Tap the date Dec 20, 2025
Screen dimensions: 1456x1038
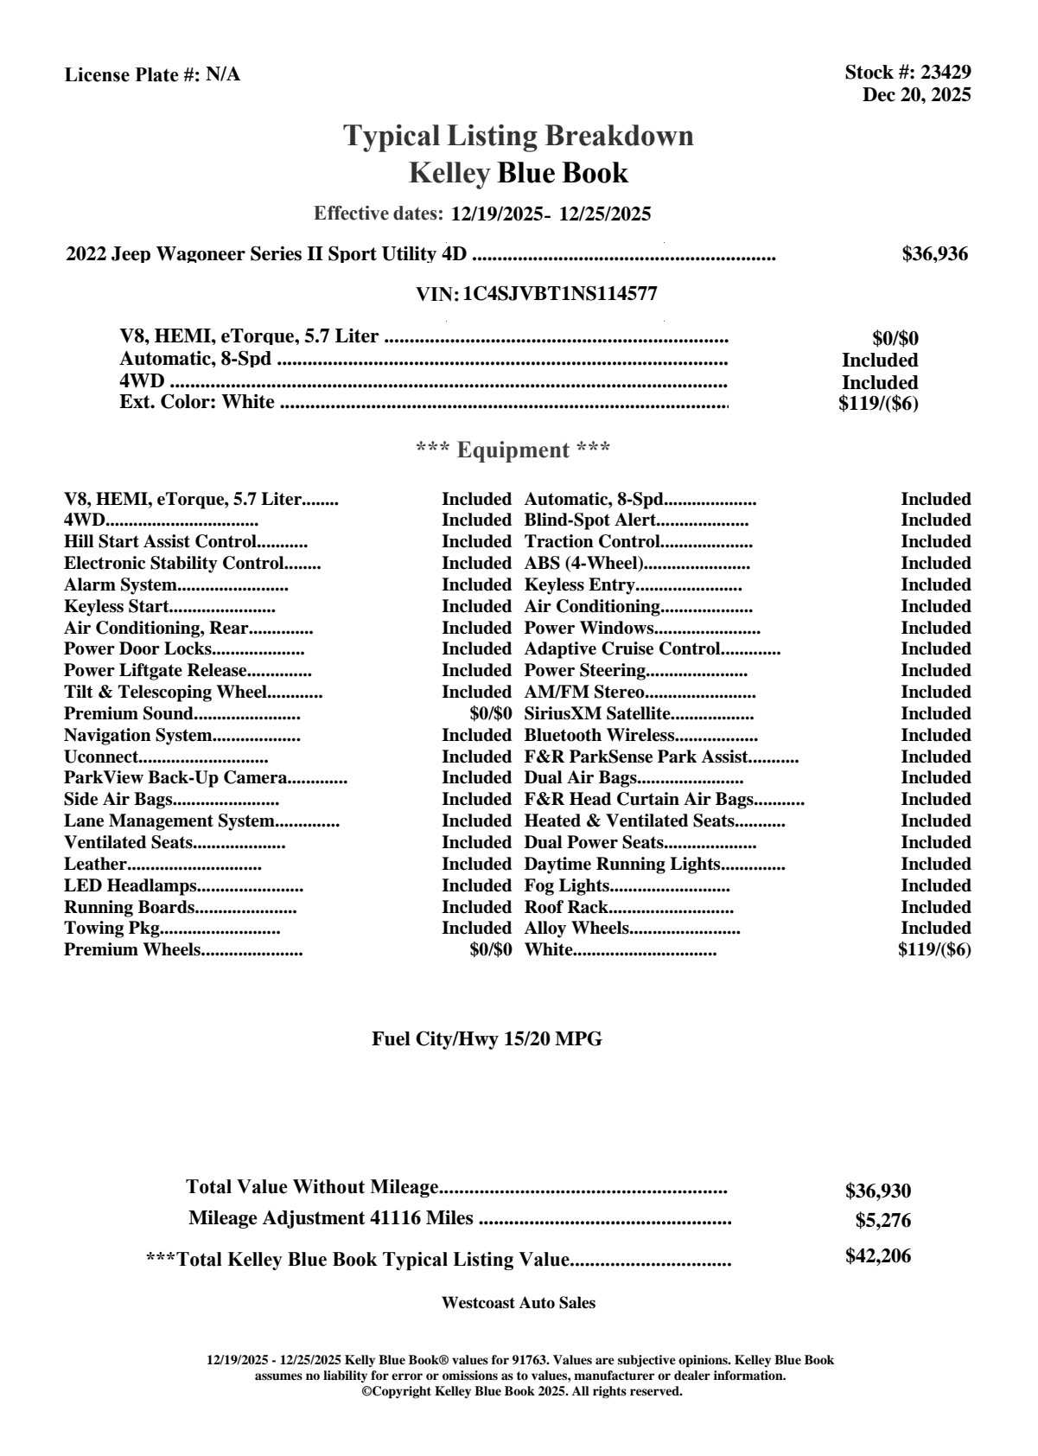click(916, 94)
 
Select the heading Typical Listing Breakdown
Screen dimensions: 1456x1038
click(519, 136)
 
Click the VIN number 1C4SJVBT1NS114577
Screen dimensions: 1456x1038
click(560, 294)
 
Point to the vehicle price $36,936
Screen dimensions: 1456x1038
click(934, 254)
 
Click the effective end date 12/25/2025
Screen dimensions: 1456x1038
click(605, 214)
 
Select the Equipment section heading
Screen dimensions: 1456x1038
click(513, 450)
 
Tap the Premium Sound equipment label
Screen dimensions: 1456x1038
click(128, 713)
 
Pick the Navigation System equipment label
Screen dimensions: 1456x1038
click(137, 735)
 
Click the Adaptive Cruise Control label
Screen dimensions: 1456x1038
click(622, 648)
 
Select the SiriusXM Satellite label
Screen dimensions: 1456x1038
click(597, 713)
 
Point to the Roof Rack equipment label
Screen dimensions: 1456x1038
click(566, 907)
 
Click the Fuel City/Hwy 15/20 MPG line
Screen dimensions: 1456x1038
click(487, 1039)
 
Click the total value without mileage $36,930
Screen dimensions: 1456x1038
click(877, 1191)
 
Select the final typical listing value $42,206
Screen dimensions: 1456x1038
click(877, 1256)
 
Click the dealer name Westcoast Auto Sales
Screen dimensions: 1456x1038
click(518, 1303)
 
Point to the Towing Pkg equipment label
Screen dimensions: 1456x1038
click(112, 928)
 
